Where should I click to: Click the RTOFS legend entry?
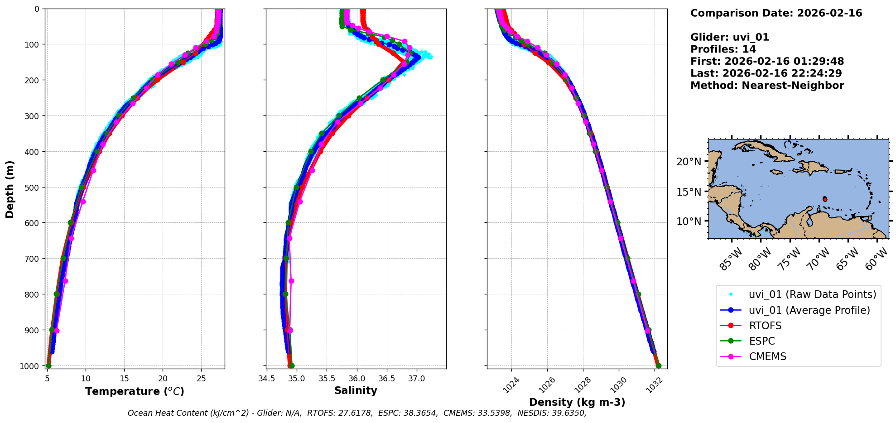[765, 326]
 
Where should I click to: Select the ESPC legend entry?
[762, 341]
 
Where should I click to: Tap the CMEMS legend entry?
[767, 356]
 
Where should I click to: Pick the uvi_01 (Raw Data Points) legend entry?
[812, 294]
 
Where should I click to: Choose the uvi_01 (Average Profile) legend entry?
[809, 310]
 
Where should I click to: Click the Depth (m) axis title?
[10, 189]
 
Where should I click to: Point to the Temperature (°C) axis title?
[135, 391]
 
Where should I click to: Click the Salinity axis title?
[356, 390]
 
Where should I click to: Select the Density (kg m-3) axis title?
[577, 402]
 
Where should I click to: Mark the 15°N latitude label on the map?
[689, 192]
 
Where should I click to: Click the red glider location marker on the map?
[825, 199]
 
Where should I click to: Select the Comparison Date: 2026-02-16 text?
[776, 13]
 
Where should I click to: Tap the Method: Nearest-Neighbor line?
[767, 86]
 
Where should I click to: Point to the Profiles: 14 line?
[723, 49]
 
